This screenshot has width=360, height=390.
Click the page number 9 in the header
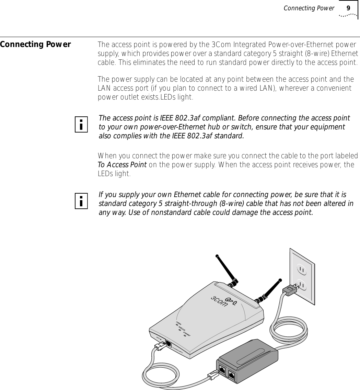click(x=348, y=8)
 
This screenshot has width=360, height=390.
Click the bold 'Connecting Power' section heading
click(x=35, y=45)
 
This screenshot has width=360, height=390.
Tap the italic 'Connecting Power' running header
click(x=309, y=8)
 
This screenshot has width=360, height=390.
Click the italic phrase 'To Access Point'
click(x=122, y=165)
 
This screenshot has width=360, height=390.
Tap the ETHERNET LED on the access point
click(x=185, y=336)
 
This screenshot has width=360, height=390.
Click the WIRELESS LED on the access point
click(x=180, y=330)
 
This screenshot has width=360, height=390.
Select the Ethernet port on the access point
click(x=169, y=343)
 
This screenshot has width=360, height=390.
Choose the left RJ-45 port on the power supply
click(x=222, y=370)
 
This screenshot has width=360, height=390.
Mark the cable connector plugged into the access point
click(x=160, y=346)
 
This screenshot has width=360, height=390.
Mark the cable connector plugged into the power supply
click(x=212, y=376)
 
